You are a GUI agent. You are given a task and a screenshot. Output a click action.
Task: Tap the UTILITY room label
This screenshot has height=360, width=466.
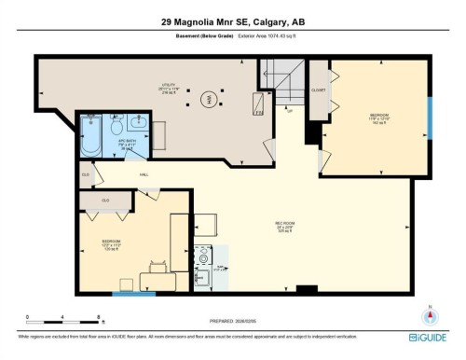coord(168,88)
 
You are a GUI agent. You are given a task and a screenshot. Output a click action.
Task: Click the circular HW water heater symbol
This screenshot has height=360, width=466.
coord(210,97)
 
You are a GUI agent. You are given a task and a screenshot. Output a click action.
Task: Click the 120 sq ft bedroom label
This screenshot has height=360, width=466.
coord(111,247)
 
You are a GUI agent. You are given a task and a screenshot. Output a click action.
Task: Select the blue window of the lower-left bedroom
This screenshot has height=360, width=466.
coord(133,294)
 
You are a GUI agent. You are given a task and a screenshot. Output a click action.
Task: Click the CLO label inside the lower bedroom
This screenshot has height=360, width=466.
coord(105,200)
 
